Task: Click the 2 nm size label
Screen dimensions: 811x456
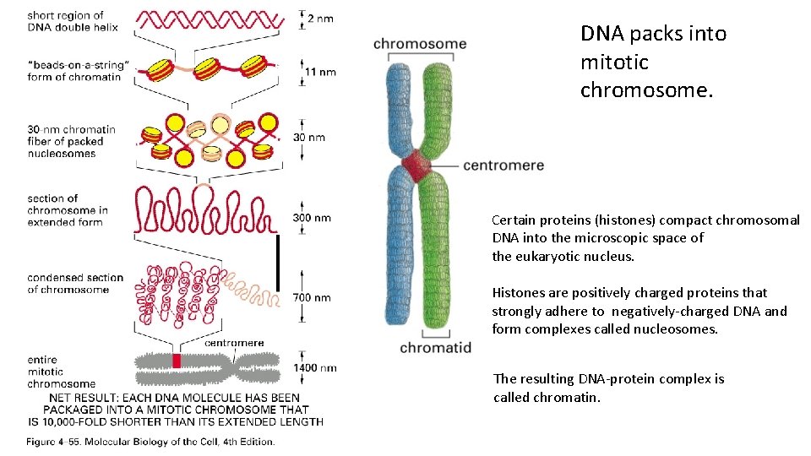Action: pos(320,18)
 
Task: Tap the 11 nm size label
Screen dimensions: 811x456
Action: pos(320,72)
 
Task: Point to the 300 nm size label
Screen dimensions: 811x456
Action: pos(312,218)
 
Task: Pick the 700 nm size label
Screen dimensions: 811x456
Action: pos(312,297)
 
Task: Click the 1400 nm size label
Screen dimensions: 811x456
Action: pos(314,367)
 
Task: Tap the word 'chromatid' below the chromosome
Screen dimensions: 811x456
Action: pos(435,347)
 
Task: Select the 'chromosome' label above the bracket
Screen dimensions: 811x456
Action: pos(420,44)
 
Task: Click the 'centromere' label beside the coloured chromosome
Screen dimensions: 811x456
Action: pos(503,165)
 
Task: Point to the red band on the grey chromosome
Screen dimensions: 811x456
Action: pos(177,361)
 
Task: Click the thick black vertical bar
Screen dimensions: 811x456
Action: pos(277,262)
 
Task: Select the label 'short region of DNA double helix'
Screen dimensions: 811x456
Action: pos(72,21)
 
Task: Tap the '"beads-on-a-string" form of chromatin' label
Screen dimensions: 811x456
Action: pos(78,71)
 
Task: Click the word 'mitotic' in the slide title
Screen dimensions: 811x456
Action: pos(614,62)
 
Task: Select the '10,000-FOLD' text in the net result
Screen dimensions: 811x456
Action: pos(90,421)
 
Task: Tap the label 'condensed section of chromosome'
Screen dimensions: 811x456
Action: pos(74,284)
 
